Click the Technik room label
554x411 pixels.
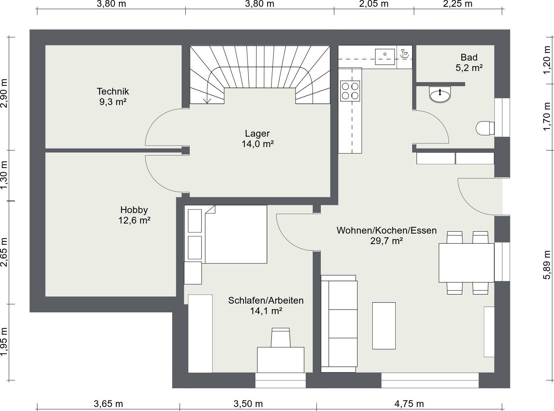coord(113,97)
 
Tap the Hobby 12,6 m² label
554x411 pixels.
coord(134,215)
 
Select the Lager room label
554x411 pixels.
coord(257,139)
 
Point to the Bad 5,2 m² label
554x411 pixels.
coord(469,62)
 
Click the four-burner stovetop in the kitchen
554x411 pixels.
coord(350,91)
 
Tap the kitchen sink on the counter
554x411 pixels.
coord(385,57)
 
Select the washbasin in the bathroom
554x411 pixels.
coord(440,94)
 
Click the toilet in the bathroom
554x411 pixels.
coord(485,128)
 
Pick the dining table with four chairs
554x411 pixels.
coord(466,263)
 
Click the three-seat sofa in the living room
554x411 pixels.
coord(339,324)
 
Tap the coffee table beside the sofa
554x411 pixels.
coord(384,326)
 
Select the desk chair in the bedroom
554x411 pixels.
coord(281,338)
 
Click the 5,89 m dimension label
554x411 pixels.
coord(547,265)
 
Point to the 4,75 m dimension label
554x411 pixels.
coord(409,404)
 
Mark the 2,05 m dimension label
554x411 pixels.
coord(374,4)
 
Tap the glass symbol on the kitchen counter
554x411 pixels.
coord(404,54)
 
